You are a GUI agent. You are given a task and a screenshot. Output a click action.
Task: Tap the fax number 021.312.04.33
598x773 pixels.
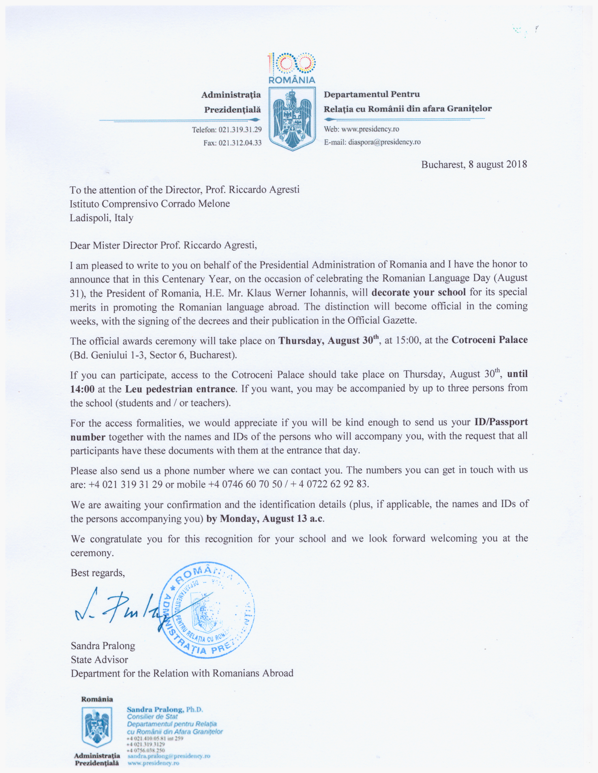240,143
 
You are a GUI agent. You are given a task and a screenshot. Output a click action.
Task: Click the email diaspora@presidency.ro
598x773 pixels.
384,142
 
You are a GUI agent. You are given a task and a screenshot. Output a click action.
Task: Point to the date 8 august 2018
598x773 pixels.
498,164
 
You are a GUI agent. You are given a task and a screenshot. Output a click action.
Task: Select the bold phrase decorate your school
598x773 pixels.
418,292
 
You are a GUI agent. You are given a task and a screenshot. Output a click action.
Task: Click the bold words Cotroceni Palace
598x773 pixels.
489,340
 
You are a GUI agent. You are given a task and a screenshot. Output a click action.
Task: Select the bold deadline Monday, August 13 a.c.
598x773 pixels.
271,519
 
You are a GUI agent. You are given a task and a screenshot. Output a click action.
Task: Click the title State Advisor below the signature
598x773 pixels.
99,659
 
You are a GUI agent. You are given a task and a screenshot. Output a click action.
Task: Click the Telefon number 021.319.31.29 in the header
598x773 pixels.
240,130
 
